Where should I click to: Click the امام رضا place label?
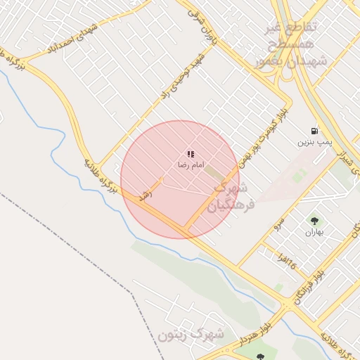[x=190, y=165]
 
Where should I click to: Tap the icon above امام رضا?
[x=190, y=153]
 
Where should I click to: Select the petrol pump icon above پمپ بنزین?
[x=314, y=131]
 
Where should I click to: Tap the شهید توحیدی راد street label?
[x=182, y=75]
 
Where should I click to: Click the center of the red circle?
[x=180, y=180]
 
